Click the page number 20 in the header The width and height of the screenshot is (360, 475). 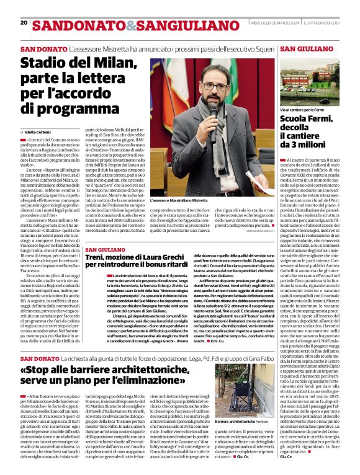(24, 23)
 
